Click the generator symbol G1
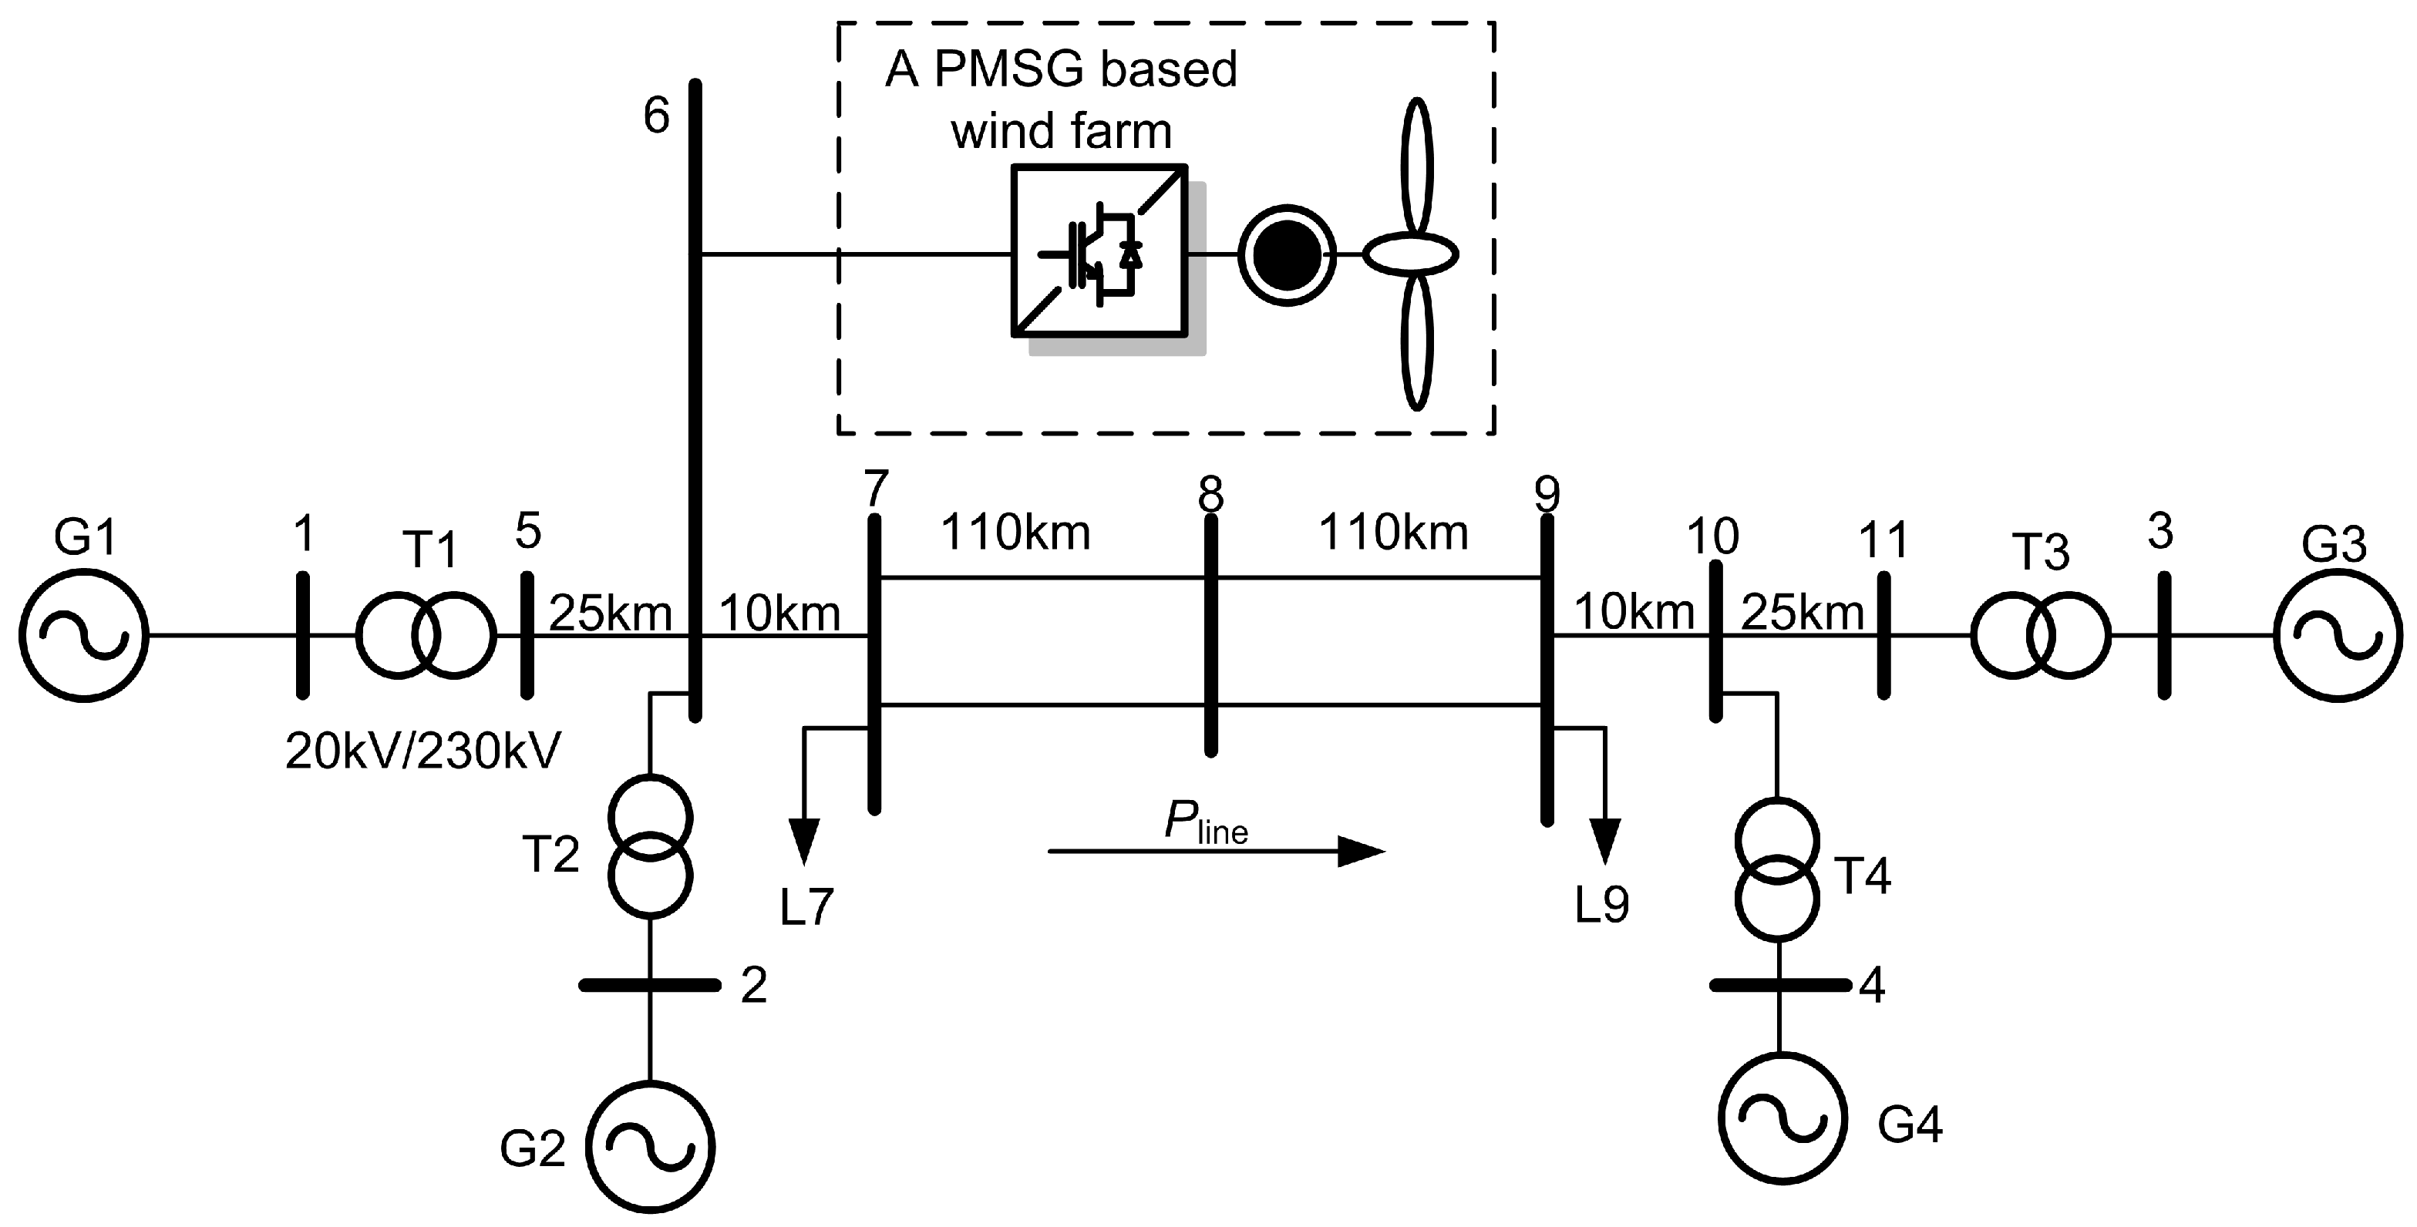pos(83,636)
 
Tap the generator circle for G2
pos(650,1146)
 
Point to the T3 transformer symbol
pos(2041,636)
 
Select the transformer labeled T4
pos(1777,868)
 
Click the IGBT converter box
pos(1099,251)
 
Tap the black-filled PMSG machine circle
pos(1287,254)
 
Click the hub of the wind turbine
pos(1410,254)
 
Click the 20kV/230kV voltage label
pos(423,751)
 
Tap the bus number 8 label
pos(1210,494)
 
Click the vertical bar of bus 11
pos(1883,636)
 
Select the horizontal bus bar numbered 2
pos(649,985)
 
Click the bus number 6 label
pos(656,117)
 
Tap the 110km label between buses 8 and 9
pos(1393,533)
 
